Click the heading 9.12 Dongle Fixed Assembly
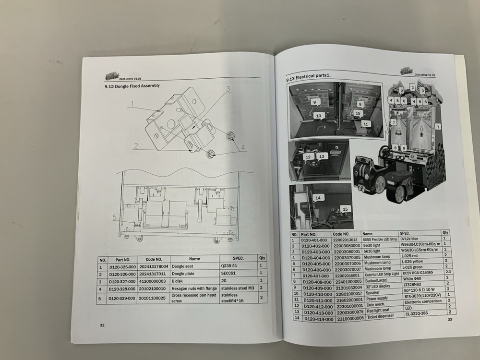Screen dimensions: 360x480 (x=129, y=86)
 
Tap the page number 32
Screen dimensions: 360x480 (x=102, y=325)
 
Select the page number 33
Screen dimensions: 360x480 (x=450, y=320)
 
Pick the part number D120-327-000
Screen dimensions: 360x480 (x=122, y=281)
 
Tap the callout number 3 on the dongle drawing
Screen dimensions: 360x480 (x=228, y=89)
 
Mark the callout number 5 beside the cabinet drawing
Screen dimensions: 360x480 (x=114, y=217)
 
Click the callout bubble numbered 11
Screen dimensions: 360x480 (x=365, y=123)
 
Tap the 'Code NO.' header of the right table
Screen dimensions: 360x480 (x=344, y=233)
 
